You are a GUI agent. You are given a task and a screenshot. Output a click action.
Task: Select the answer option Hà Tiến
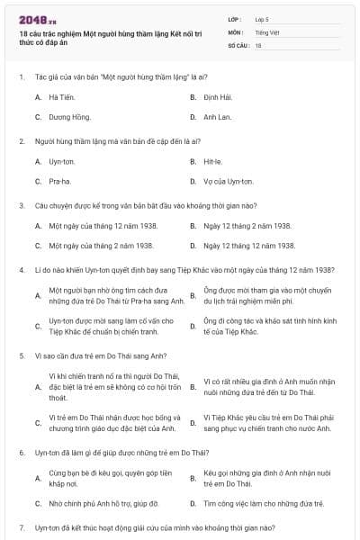61,95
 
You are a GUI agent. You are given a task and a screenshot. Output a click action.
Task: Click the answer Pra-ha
61,182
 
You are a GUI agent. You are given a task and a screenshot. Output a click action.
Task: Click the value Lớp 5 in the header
262,19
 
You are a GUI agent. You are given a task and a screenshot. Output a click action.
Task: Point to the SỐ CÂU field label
238,44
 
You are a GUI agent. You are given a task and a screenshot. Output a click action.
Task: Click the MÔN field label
235,31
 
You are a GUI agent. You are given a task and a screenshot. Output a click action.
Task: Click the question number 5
21,355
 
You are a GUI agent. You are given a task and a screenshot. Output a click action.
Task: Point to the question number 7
21,526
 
